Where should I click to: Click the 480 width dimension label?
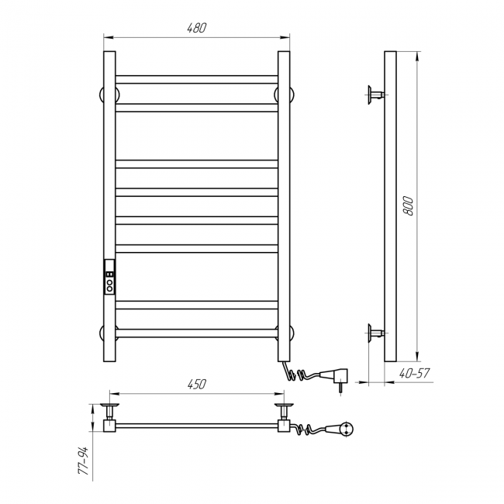tap(196, 28)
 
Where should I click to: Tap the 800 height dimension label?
tap(408, 205)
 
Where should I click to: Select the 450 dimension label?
tap(196, 384)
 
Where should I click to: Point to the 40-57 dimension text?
tap(415, 373)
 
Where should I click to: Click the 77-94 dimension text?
tap(83, 461)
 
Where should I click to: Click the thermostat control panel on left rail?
tap(109, 277)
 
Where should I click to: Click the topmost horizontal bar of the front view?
tap(196, 79)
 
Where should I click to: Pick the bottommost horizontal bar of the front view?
tap(196, 333)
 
